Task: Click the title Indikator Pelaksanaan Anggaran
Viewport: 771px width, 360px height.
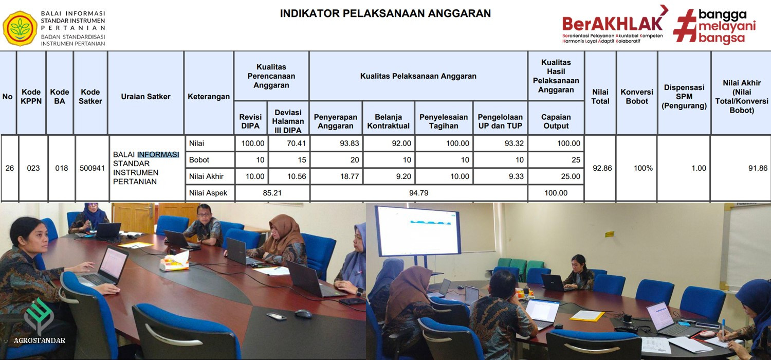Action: (385, 13)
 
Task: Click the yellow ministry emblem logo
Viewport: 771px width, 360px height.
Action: (20, 28)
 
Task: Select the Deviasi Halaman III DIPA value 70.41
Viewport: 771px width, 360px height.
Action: (296, 143)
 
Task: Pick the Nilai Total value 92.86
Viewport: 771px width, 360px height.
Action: (602, 168)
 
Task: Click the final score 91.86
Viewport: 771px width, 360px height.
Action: (758, 168)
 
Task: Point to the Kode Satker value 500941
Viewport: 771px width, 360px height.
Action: (92, 168)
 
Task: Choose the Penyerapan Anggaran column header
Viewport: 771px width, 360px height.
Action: (335, 121)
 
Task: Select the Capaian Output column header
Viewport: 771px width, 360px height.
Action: (556, 121)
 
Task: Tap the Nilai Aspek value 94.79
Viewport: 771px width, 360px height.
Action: (418, 193)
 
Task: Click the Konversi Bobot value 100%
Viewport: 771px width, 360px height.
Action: (643, 168)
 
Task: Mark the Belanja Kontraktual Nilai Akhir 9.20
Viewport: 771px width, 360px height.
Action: (403, 176)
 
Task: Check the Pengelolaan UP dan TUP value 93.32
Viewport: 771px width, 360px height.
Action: (514, 143)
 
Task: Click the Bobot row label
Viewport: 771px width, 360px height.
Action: (199, 160)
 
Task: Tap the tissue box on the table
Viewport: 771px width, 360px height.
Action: (175, 261)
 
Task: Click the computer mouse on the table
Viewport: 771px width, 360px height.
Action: (303, 314)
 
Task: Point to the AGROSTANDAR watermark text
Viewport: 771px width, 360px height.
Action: (40, 340)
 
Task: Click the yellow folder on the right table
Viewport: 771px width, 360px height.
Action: (586, 316)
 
